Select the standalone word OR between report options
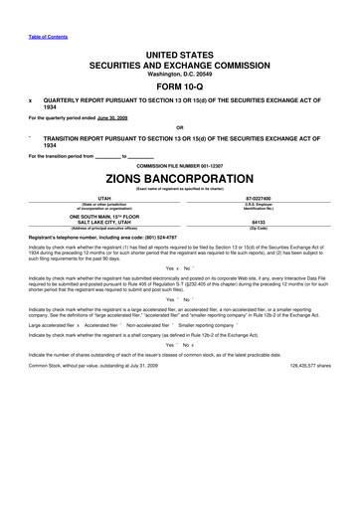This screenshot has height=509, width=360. click(179, 127)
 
